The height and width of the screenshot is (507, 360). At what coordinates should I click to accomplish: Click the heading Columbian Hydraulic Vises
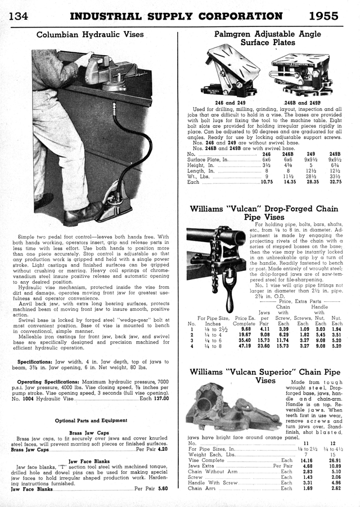click(90, 34)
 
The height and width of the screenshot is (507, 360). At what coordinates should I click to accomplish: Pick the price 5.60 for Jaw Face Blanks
click(163, 488)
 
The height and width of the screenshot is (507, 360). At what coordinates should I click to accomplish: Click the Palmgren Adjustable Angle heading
click(268, 34)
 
